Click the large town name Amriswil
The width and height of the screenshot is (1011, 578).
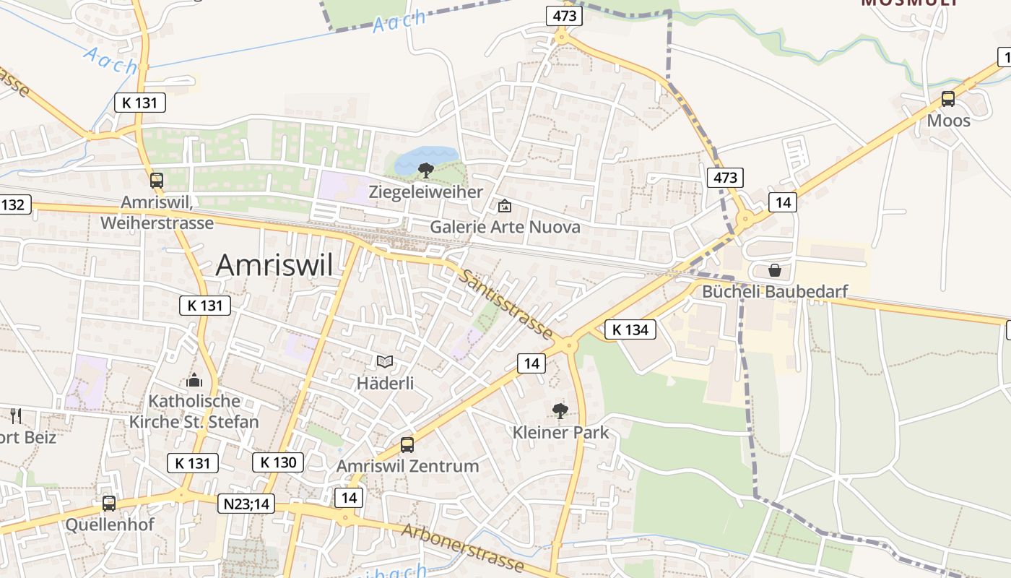(274, 265)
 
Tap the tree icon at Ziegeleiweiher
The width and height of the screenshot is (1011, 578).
(426, 171)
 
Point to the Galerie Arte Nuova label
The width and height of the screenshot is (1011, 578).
(505, 227)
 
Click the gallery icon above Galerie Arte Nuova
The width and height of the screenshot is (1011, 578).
(505, 207)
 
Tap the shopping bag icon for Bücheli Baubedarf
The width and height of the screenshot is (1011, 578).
(775, 270)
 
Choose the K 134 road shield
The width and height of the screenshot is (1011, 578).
(630, 329)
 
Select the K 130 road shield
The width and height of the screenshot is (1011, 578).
(278, 462)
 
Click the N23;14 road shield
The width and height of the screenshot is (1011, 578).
(246, 504)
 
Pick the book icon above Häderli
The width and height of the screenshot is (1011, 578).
(386, 361)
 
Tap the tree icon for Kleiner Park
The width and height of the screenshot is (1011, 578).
(560, 411)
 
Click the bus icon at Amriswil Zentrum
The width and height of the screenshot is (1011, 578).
(407, 445)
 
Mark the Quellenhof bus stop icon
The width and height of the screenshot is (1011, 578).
(109, 504)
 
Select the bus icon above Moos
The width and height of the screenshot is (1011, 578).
(948, 100)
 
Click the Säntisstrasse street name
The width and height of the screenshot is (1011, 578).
(506, 303)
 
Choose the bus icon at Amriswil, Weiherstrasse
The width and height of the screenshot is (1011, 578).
(157, 181)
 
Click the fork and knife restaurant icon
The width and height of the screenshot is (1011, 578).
(16, 415)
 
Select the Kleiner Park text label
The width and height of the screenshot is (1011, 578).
(560, 433)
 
